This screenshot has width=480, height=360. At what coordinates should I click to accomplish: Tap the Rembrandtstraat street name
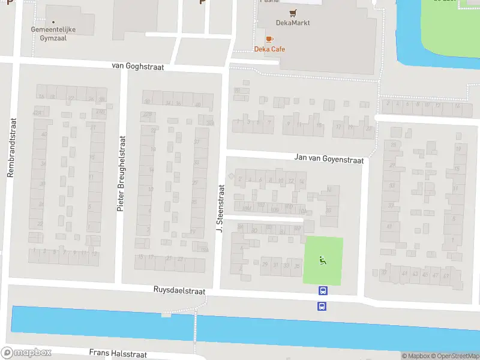(10, 147)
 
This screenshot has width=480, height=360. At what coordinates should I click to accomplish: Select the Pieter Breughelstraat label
(121, 173)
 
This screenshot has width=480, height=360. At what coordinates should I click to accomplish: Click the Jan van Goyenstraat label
(329, 158)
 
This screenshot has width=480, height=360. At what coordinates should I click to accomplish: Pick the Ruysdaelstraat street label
(179, 291)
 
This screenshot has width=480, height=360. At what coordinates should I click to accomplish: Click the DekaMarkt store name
(293, 23)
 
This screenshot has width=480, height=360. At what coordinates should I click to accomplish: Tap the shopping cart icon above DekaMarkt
(293, 13)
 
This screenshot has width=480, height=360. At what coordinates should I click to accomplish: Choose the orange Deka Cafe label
(269, 49)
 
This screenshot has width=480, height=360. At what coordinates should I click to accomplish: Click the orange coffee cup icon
(269, 39)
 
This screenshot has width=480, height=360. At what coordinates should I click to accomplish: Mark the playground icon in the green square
(323, 260)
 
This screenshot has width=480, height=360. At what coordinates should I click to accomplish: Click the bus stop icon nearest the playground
(323, 291)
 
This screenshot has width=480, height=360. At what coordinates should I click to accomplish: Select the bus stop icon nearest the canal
(323, 306)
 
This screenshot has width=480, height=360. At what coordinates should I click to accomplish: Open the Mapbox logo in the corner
(26, 353)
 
